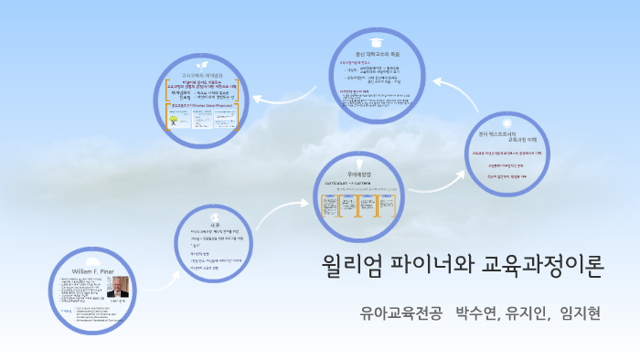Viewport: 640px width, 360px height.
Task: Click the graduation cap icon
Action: tap(375, 42)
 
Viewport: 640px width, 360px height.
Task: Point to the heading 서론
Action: tap(215, 224)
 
